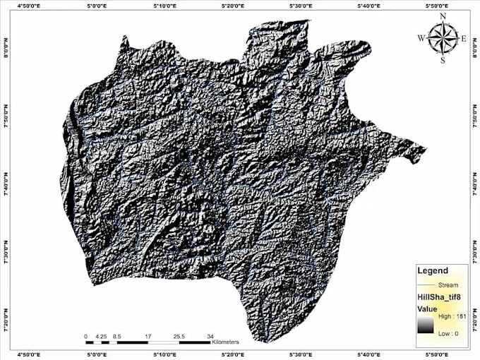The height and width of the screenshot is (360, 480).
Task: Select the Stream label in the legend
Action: click(x=448, y=284)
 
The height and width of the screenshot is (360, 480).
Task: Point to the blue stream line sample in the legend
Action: click(x=426, y=284)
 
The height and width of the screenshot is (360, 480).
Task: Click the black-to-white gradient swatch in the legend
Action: click(x=424, y=324)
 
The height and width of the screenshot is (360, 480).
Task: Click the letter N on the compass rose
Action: click(x=443, y=15)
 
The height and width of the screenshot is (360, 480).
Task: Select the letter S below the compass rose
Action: click(x=443, y=60)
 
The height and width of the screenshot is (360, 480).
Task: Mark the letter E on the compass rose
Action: click(x=463, y=38)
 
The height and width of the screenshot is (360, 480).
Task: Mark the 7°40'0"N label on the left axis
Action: click(x=6, y=181)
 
